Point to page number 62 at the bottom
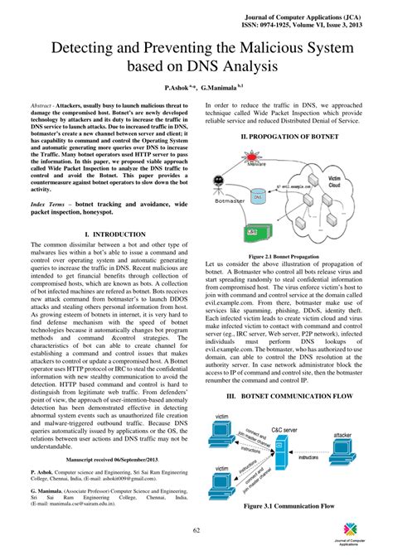pyautogui.click(x=196, y=530)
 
